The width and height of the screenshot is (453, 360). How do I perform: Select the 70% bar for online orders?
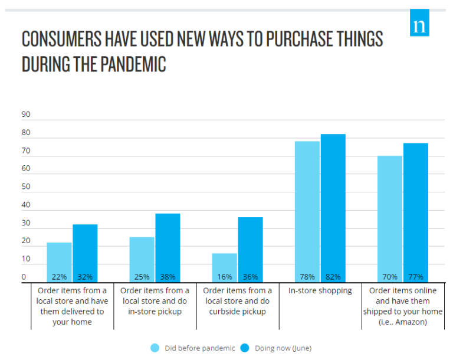click(389, 218)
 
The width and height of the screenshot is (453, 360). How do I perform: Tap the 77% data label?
click(415, 277)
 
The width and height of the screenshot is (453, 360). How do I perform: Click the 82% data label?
click(333, 277)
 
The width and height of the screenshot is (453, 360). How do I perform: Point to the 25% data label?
click(142, 277)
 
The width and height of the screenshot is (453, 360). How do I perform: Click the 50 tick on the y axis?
click(26, 187)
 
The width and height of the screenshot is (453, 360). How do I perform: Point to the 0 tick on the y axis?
click(24, 277)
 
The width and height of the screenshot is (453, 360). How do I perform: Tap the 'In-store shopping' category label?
click(320, 290)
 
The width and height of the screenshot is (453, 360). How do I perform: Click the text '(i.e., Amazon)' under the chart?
click(402, 322)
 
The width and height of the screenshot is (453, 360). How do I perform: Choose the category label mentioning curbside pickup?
click(237, 301)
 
